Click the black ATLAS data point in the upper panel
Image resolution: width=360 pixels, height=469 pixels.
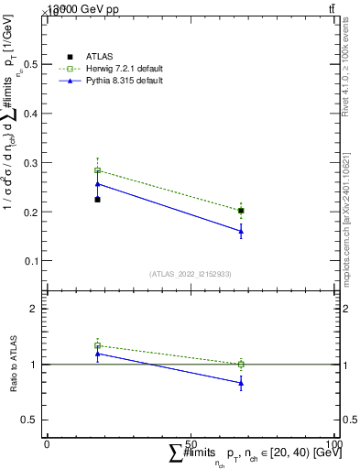pos(97,199)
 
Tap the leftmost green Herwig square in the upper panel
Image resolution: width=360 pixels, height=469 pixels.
pos(97,170)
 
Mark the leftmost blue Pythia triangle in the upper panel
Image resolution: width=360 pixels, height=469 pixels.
pos(97,184)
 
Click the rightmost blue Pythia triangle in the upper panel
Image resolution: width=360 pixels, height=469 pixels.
pos(241,232)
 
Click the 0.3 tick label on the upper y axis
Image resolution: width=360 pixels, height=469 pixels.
pos(32,163)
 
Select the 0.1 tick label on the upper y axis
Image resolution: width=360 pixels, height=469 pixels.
pos(32,261)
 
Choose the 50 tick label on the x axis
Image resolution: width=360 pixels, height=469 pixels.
pos(191,443)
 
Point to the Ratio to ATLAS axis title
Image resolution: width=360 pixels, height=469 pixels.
pos(13,364)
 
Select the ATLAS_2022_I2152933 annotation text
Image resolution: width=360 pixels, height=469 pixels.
pos(191,274)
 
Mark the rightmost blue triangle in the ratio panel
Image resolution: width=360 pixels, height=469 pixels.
pos(241,384)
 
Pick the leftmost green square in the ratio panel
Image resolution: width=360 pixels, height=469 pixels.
pos(97,345)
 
